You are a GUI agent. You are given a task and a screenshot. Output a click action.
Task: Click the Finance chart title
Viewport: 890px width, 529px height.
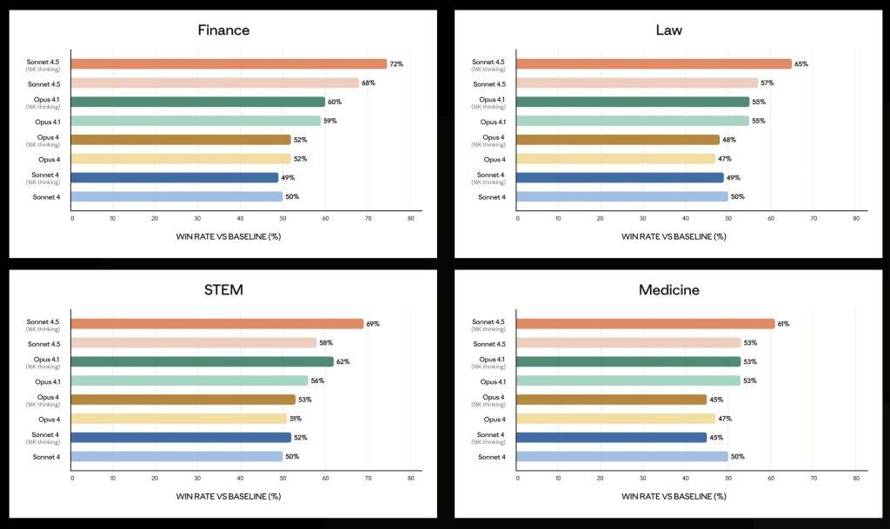(x=223, y=30)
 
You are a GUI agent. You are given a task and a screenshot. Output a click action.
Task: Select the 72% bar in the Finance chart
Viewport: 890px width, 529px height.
(x=229, y=63)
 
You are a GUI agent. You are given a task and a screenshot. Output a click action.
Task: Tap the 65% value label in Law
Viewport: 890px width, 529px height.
(x=800, y=64)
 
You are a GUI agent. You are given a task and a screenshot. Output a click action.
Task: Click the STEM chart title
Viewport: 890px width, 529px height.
(x=223, y=289)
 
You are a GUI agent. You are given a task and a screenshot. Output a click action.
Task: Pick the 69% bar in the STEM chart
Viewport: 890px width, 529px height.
(x=217, y=323)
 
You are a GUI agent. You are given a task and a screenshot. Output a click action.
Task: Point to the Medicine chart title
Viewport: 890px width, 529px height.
(x=668, y=289)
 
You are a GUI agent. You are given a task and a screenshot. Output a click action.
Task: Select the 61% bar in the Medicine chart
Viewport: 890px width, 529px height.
(x=646, y=323)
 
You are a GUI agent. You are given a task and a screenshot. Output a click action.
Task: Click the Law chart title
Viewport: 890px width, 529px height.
(x=668, y=30)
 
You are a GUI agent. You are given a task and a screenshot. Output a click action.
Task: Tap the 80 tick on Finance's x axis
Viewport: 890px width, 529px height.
(x=409, y=218)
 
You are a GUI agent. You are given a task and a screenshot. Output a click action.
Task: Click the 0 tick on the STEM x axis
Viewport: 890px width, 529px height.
(x=72, y=477)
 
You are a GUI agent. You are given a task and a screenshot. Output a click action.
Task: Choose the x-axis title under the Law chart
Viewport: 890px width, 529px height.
(x=674, y=236)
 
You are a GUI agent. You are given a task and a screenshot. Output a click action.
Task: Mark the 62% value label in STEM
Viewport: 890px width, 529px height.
(x=342, y=361)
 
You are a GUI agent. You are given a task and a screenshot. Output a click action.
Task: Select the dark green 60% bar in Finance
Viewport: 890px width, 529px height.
(x=198, y=102)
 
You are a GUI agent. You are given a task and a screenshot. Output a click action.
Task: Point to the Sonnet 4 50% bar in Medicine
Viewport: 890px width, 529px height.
(x=622, y=456)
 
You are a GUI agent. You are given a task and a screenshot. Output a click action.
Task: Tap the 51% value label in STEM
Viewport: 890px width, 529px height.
(x=296, y=419)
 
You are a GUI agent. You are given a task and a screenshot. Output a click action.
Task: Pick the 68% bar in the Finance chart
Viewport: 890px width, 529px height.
(x=215, y=83)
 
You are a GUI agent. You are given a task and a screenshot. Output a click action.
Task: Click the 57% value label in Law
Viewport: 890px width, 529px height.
(x=767, y=83)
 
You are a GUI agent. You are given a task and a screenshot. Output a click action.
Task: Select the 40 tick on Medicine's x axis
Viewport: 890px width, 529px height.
(x=687, y=477)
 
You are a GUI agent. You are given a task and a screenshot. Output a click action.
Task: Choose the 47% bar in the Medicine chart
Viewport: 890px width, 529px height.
(x=616, y=418)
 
